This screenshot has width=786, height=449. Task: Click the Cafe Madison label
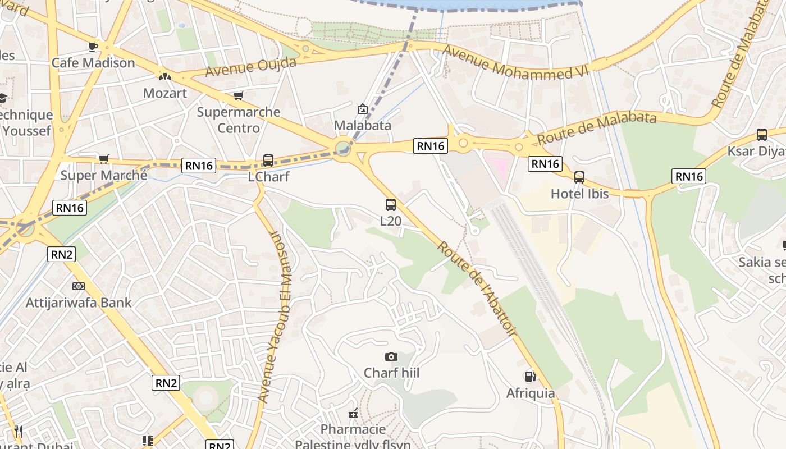pyautogui.click(x=93, y=63)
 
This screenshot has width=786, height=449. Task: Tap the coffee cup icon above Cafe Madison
pyautogui.click(x=93, y=47)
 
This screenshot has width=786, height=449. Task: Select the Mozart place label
pyautogui.click(x=164, y=93)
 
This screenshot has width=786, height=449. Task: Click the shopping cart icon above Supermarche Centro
pyautogui.click(x=239, y=96)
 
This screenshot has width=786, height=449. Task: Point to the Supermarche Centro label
pyautogui.click(x=239, y=120)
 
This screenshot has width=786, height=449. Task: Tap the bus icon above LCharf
pyautogui.click(x=268, y=161)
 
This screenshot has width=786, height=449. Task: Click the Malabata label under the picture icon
pyautogui.click(x=362, y=125)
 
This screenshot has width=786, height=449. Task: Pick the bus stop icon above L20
pyautogui.click(x=391, y=205)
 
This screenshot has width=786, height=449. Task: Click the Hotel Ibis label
pyautogui.click(x=579, y=194)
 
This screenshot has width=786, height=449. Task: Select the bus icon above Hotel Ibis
pyautogui.click(x=579, y=177)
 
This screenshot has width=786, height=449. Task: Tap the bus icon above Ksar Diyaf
pyautogui.click(x=762, y=135)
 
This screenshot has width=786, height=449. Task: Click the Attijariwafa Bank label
pyautogui.click(x=79, y=303)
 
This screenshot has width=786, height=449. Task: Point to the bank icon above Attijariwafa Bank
pyautogui.click(x=79, y=286)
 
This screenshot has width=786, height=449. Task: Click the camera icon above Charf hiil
pyautogui.click(x=391, y=356)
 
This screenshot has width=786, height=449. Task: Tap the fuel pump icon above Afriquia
pyautogui.click(x=530, y=377)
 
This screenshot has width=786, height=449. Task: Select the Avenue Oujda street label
pyautogui.click(x=250, y=67)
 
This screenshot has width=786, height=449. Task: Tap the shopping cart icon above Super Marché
pyautogui.click(x=104, y=159)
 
